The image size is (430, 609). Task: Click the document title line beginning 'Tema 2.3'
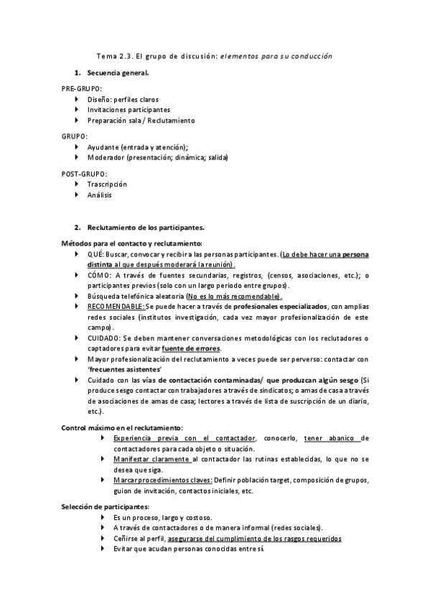(215, 55)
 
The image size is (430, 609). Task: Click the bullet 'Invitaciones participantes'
(128, 110)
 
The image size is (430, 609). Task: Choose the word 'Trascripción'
(107, 184)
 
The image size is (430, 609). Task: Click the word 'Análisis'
(100, 195)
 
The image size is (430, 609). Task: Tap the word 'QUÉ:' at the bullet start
(96, 254)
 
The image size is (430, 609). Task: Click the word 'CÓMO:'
(100, 275)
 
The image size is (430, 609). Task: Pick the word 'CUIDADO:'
(103, 338)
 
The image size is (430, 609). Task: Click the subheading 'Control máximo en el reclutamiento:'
(122, 428)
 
